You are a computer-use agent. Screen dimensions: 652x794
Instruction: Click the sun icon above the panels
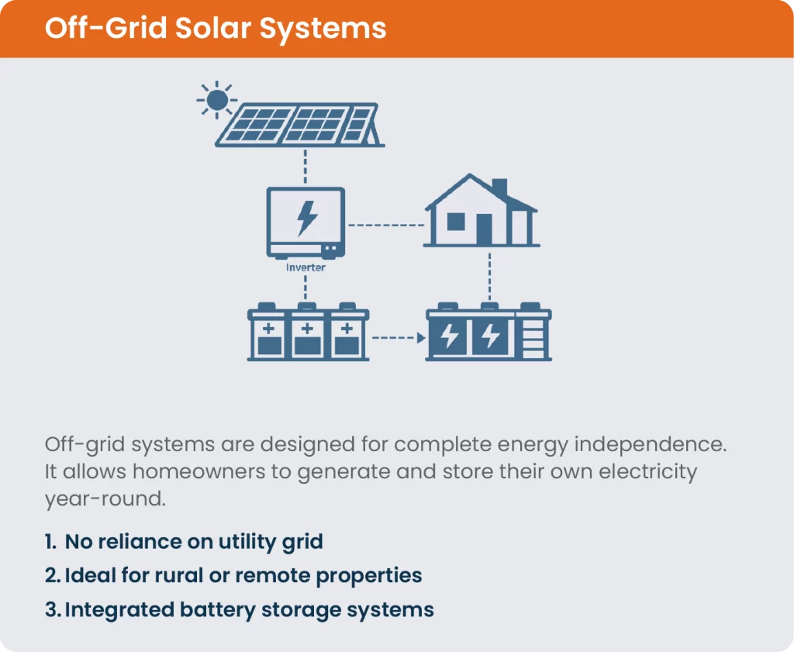tap(216, 98)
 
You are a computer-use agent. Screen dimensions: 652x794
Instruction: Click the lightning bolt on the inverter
tap(307, 219)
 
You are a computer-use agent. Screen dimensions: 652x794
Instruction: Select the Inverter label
tap(306, 267)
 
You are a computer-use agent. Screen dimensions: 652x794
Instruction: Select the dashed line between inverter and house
tap(385, 225)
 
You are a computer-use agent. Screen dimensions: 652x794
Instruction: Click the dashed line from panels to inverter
tap(306, 167)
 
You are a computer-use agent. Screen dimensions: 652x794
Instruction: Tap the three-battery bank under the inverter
tap(308, 334)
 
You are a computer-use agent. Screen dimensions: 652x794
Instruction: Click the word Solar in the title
tap(217, 29)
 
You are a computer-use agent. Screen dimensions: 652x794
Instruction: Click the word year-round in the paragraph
tap(105, 498)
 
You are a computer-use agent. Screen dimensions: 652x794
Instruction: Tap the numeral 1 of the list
tap(50, 542)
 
